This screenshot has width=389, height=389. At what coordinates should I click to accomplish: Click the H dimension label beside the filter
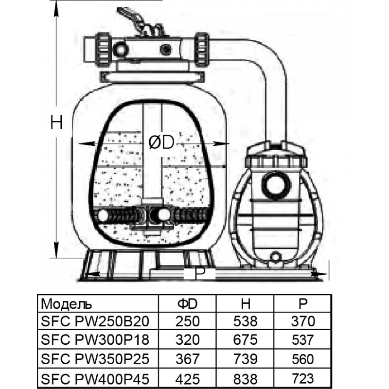[57, 123]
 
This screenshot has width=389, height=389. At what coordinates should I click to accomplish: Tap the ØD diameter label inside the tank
[161, 142]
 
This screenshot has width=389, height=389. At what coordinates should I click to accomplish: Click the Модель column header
[67, 304]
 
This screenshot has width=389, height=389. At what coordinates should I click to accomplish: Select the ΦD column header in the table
[187, 304]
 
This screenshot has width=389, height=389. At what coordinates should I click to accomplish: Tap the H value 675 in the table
[246, 340]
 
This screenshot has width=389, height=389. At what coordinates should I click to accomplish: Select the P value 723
[304, 377]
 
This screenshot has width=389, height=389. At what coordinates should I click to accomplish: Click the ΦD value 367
[188, 359]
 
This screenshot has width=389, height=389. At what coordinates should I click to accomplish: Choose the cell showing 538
[246, 321]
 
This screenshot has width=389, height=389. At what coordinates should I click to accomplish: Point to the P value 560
[304, 359]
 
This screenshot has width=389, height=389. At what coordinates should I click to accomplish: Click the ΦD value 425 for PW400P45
[188, 377]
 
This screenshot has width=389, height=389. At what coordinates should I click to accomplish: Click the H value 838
[246, 377]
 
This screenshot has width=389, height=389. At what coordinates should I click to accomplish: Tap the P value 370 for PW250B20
[304, 321]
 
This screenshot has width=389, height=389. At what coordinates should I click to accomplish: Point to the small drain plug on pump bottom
[276, 256]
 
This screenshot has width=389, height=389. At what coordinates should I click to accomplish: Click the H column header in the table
[246, 304]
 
